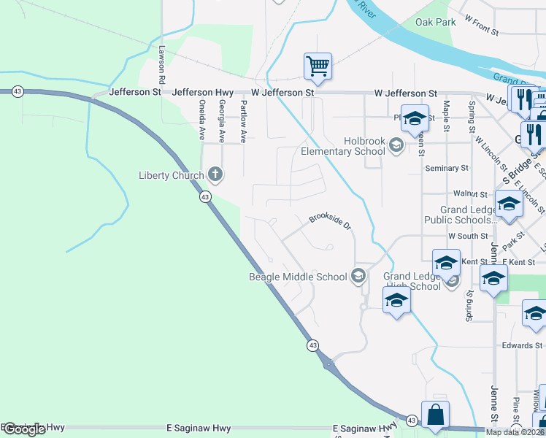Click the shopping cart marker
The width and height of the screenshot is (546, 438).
click(318, 66)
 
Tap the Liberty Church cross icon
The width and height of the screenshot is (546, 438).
click(215, 174)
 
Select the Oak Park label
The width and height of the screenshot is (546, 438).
click(436, 22)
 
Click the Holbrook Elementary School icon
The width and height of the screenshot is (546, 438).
click(396, 146)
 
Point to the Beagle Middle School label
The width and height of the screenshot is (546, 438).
click(298, 277)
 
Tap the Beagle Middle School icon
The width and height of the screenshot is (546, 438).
click(358, 276)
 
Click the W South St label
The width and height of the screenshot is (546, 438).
click(468, 236)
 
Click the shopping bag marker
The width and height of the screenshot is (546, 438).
click(435, 414)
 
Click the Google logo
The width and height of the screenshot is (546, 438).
click(23, 429)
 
